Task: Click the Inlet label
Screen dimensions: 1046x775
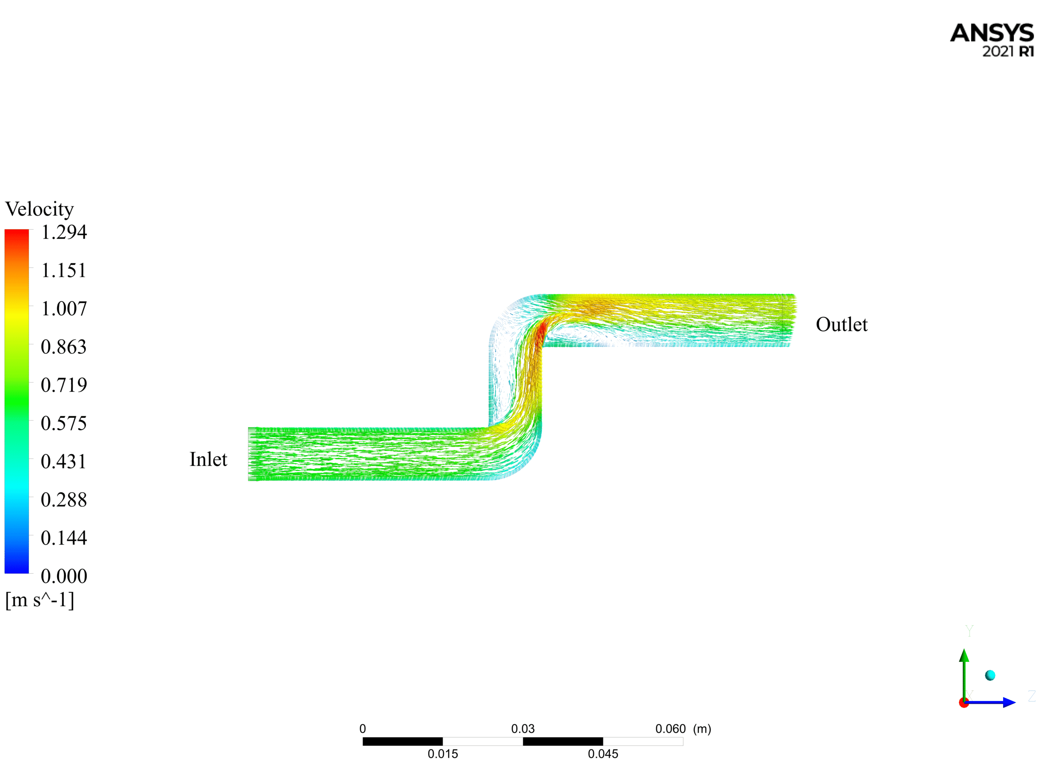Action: point(208,459)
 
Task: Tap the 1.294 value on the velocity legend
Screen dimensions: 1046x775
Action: point(64,232)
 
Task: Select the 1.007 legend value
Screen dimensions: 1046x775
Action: point(64,309)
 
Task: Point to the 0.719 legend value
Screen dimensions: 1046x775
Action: point(64,385)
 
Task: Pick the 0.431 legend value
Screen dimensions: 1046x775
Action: point(64,462)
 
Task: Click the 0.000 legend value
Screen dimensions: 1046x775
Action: point(64,576)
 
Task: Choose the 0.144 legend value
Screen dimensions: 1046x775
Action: point(64,538)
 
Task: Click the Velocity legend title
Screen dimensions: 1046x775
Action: point(39,209)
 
